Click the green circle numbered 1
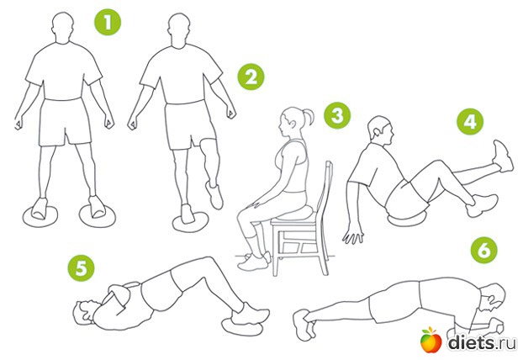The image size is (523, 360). click(108, 23)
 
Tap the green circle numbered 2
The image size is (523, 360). click(251, 77)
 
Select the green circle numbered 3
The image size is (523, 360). click(337, 115)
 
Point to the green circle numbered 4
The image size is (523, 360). click(470, 121)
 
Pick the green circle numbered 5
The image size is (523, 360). click(81, 268)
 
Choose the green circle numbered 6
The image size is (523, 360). click(484, 250)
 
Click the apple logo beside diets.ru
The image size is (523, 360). click(431, 340)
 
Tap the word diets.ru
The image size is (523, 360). click(482, 342)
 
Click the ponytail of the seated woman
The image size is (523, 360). click(309, 117)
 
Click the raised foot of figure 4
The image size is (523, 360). click(504, 156)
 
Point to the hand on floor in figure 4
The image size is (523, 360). click(353, 236)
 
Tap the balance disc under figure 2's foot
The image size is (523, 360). click(191, 221)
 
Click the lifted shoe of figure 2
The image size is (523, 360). click(214, 195)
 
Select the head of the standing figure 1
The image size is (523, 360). click(63, 28)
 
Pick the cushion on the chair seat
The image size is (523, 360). click(294, 212)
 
